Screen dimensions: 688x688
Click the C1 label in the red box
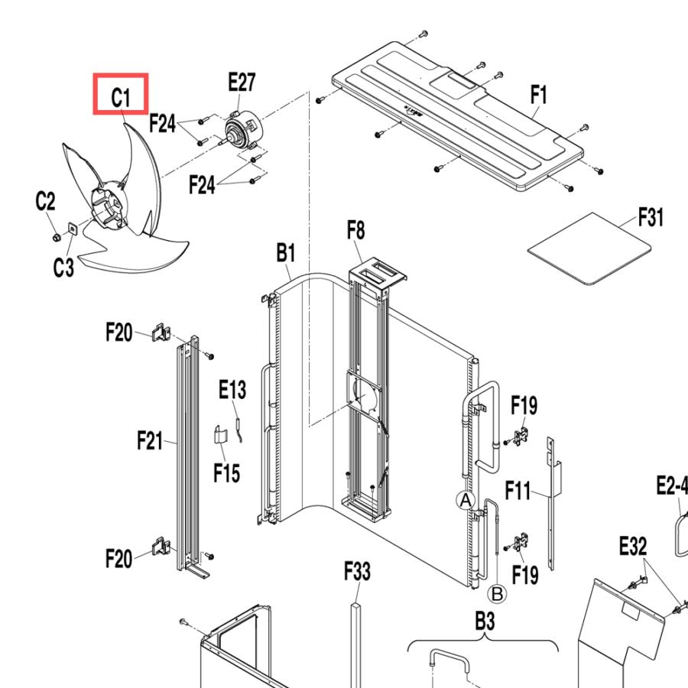tap(121, 97)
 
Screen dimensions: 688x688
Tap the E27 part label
tap(242, 82)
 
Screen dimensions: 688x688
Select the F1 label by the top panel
tap(539, 94)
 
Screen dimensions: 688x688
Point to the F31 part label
tap(651, 217)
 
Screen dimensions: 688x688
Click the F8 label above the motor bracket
tap(355, 230)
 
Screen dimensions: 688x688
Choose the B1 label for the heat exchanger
tap(286, 253)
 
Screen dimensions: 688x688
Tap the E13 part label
tap(232, 389)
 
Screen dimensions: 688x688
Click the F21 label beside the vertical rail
tap(150, 440)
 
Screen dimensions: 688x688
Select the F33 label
tap(357, 571)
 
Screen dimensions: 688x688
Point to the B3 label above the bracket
tap(485, 621)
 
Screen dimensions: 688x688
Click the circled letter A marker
tap(466, 500)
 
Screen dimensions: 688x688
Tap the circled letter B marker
tap(498, 594)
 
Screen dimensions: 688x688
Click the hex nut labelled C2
tap(56, 238)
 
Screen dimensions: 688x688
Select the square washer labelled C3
tap(72, 229)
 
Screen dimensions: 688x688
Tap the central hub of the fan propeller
tap(109, 204)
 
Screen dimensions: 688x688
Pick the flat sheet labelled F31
tap(589, 248)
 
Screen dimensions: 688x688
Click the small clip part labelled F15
tap(221, 435)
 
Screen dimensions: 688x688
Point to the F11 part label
tap(518, 490)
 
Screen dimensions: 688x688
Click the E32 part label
tap(633, 547)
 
